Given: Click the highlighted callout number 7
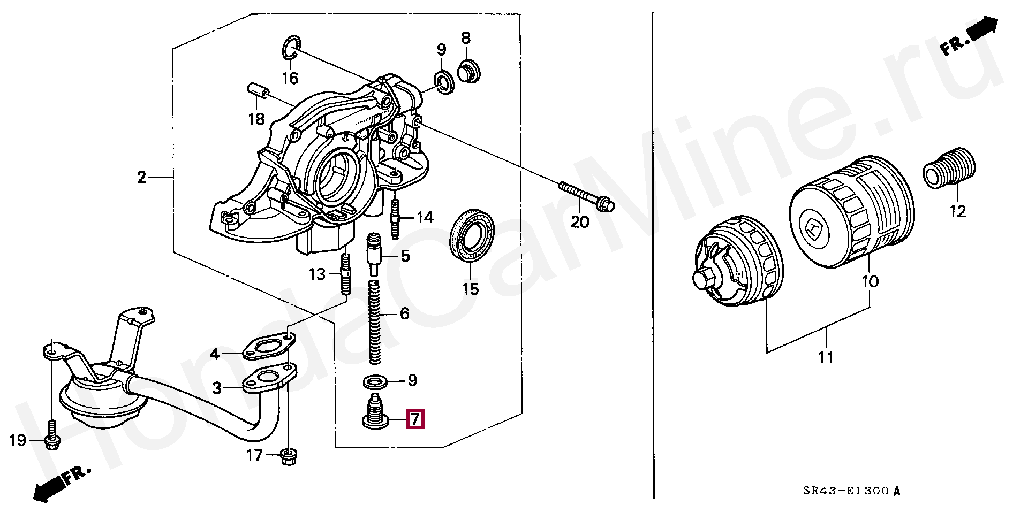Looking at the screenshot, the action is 415,419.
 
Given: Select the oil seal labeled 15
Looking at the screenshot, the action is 471,236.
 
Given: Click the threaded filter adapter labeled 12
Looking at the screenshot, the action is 949,168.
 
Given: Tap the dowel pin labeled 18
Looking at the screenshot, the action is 258,90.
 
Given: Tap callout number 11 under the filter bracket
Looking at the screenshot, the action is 826,357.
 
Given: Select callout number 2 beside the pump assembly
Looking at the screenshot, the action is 141,177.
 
